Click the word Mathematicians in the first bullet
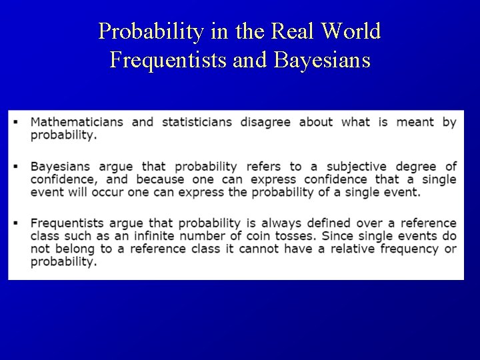pos(76,122)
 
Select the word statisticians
pos(197,122)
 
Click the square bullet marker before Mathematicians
pos(15,122)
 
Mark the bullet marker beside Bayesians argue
pos(15,166)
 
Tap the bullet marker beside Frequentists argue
pos(15,223)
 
